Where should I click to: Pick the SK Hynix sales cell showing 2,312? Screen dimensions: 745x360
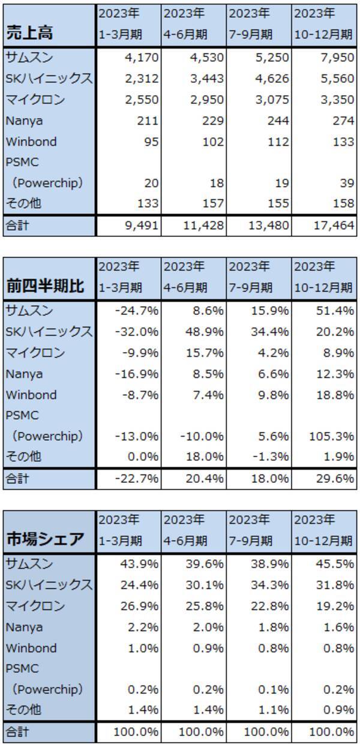pyautogui.click(x=142, y=79)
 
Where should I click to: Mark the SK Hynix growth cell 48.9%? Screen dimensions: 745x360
pyautogui.click(x=208, y=332)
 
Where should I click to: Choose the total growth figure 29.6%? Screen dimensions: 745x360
pyautogui.click(x=335, y=478)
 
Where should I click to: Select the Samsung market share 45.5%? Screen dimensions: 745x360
pyautogui.click(x=335, y=564)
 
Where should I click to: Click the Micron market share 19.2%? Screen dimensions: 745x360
pyautogui.click(x=335, y=606)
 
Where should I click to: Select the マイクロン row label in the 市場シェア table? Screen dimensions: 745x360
pyautogui.click(x=35, y=606)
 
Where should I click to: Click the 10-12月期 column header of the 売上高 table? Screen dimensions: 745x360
pyautogui.click(x=323, y=34)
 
